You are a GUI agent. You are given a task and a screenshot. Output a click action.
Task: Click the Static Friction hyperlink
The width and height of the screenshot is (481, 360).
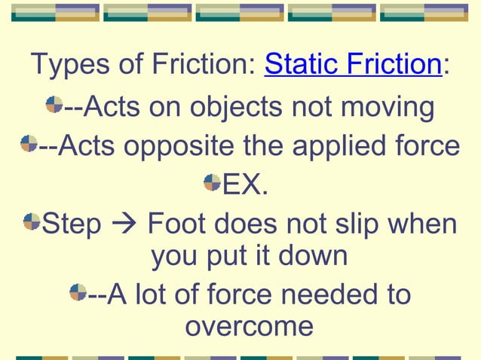pyautogui.click(x=352, y=65)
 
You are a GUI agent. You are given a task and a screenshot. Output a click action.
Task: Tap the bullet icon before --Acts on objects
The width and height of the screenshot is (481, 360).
pyautogui.click(x=54, y=104)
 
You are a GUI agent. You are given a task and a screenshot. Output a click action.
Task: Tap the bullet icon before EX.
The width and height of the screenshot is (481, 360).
pyautogui.click(x=212, y=182)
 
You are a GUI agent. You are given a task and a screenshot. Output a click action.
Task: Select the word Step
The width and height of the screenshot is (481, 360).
pyautogui.click(x=72, y=224)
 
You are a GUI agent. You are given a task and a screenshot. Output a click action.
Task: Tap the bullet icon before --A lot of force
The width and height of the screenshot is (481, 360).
pyautogui.click(x=78, y=291)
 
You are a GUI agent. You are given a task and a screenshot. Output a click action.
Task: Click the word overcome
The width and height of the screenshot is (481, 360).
pyautogui.click(x=249, y=326)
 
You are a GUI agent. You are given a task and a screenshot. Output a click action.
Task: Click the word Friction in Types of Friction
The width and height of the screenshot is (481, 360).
pyautogui.click(x=199, y=65)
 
